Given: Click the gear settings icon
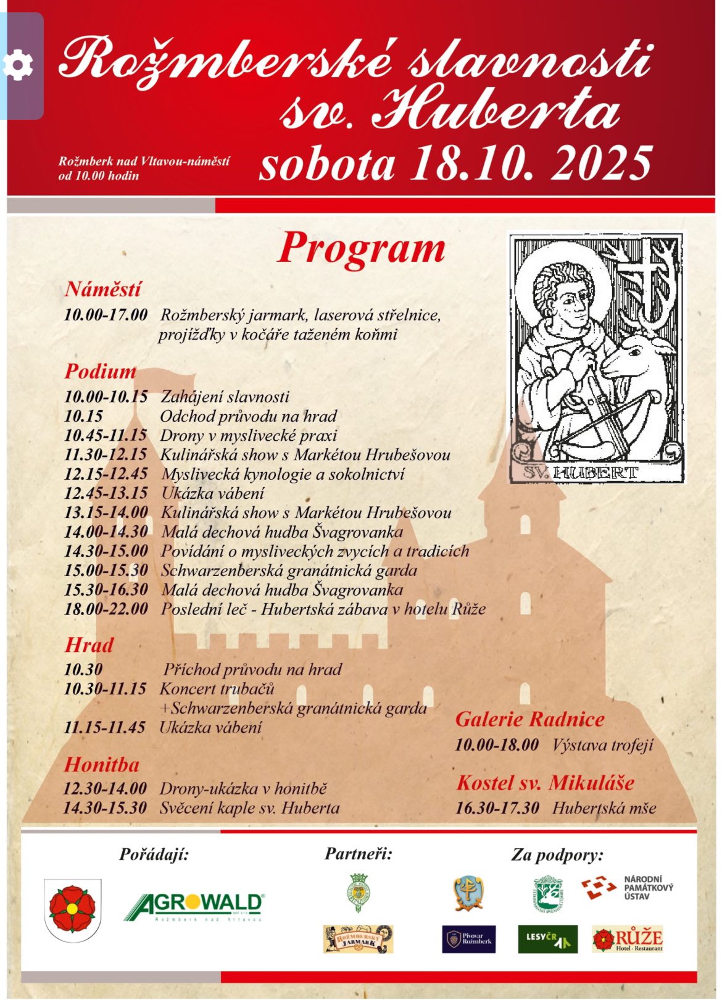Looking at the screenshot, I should (19, 66).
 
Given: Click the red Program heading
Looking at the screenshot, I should (362, 249).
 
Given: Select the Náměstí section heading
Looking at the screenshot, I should (103, 289).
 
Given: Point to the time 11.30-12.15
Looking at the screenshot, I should (106, 455).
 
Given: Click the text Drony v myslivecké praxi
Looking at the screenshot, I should (249, 435).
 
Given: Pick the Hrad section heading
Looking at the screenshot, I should (89, 645).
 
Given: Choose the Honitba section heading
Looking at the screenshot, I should (102, 765).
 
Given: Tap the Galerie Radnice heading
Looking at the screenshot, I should (530, 719).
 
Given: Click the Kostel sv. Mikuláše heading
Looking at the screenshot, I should (546, 783).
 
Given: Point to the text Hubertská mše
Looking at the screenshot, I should (604, 808).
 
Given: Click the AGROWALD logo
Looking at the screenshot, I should (194, 907).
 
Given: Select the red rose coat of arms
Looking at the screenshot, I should (73, 909).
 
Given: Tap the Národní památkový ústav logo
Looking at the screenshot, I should (628, 888).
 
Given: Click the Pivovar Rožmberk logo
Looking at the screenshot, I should (469, 940).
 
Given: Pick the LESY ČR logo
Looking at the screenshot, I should (547, 940).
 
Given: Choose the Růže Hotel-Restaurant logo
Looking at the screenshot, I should (627, 940).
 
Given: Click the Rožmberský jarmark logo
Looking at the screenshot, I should (359, 940).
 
